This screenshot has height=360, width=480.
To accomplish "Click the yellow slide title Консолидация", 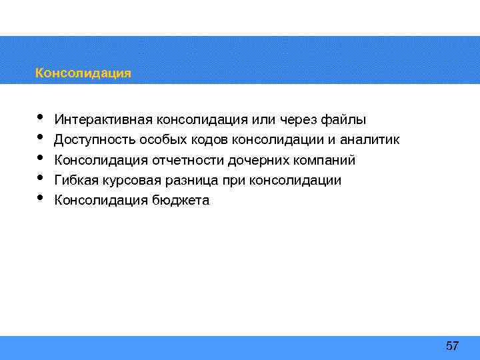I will coord(83,73).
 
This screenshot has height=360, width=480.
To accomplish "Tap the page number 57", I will coord(452,345).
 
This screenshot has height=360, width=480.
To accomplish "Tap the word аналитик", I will coord(370,140).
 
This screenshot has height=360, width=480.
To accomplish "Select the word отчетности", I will coord(188,160).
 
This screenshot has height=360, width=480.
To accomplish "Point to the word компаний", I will coord(323,160).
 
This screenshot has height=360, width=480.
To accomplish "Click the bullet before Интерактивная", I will coord(40,117).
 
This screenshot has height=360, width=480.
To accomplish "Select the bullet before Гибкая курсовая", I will coord(40,177).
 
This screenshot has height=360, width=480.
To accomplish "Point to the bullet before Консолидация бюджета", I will coord(40,197).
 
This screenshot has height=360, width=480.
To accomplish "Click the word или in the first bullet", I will coord(261,120).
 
